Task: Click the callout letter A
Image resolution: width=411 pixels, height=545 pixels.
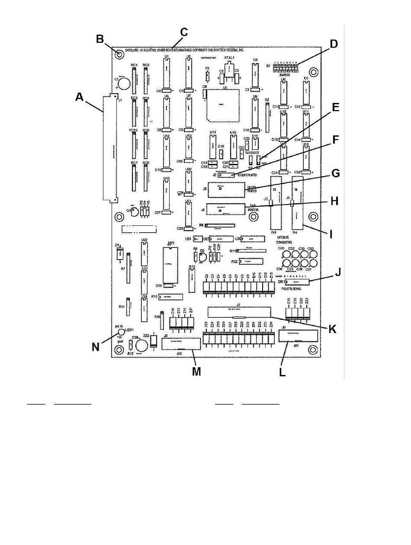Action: coord(79,97)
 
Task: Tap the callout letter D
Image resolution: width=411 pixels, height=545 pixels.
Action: coord(333,44)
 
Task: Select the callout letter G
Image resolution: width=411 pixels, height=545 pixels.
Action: coord(335,173)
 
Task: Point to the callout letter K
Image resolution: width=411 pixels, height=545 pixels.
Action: coord(332,329)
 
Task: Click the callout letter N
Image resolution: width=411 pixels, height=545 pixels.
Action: coord(96,346)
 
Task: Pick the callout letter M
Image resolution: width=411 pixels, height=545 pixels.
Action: coord(196,372)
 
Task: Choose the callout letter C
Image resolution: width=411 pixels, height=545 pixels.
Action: coord(184,32)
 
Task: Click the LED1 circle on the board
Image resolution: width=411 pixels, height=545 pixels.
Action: coord(121,332)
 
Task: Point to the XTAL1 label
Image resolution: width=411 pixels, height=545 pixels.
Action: coord(229,58)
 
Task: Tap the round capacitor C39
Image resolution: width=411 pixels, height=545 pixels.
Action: coord(141,345)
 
